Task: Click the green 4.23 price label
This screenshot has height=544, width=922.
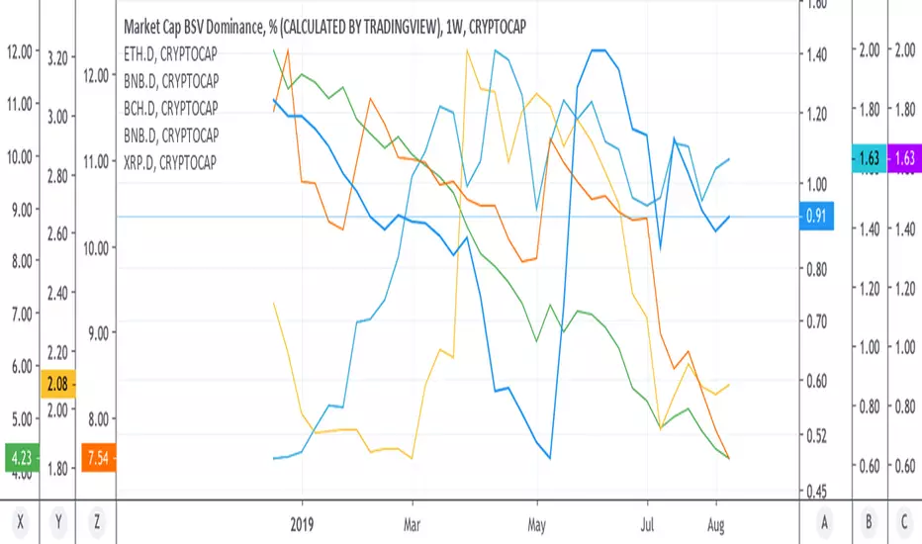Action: tap(22, 457)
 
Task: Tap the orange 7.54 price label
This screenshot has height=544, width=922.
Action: tap(98, 457)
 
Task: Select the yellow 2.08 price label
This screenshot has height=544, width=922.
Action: tap(57, 384)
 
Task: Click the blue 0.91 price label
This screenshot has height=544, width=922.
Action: tap(816, 216)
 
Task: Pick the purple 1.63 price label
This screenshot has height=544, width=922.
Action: tap(904, 157)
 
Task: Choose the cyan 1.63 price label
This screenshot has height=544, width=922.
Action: tap(870, 157)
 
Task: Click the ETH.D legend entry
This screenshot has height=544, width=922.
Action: tap(170, 54)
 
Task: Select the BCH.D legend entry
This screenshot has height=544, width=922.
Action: tap(170, 108)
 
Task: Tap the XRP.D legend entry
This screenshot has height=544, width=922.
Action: tap(170, 162)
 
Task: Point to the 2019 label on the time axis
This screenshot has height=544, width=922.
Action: tap(302, 524)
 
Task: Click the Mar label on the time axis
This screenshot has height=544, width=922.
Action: tap(412, 524)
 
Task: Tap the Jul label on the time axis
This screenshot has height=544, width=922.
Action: tap(647, 524)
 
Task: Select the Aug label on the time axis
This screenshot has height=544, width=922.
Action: tap(715, 524)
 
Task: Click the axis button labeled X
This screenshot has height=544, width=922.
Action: tap(21, 521)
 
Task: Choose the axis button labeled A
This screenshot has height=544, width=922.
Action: tap(824, 521)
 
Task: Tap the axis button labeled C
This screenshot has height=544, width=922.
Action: tap(904, 521)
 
